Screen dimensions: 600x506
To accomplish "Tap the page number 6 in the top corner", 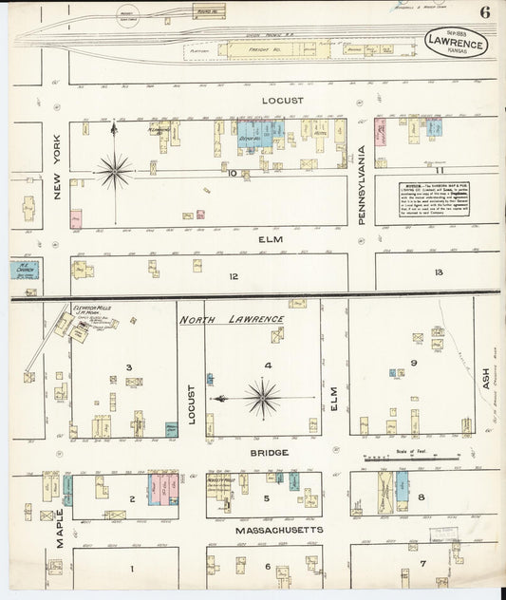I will click(485, 12).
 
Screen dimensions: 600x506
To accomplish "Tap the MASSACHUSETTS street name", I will click(267, 529).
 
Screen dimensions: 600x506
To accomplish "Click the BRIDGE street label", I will click(270, 453).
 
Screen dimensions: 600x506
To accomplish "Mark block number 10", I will click(231, 173).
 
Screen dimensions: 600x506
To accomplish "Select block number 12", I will click(233, 277).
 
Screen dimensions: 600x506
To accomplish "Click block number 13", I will click(438, 272).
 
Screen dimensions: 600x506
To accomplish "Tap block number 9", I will click(414, 363).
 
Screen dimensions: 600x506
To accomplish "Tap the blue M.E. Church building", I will click(22, 270).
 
